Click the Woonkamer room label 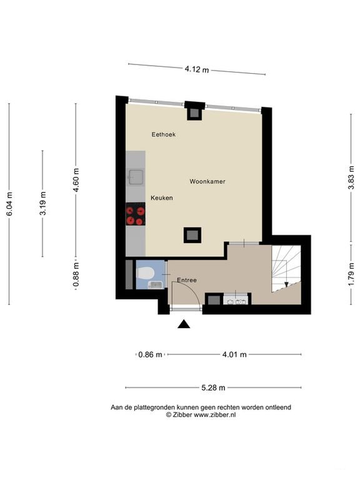click(207, 182)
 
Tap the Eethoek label click(163, 134)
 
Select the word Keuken click(161, 197)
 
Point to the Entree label click(186, 280)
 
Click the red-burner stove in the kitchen click(135, 215)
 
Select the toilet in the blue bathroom click(146, 274)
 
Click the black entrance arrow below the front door click(184, 324)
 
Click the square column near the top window click(194, 112)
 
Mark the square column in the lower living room click(192, 235)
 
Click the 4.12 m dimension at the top click(197, 69)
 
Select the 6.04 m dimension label click(9, 204)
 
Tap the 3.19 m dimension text click(42, 204)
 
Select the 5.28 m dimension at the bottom click(213, 387)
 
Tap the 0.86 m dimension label click(150, 354)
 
